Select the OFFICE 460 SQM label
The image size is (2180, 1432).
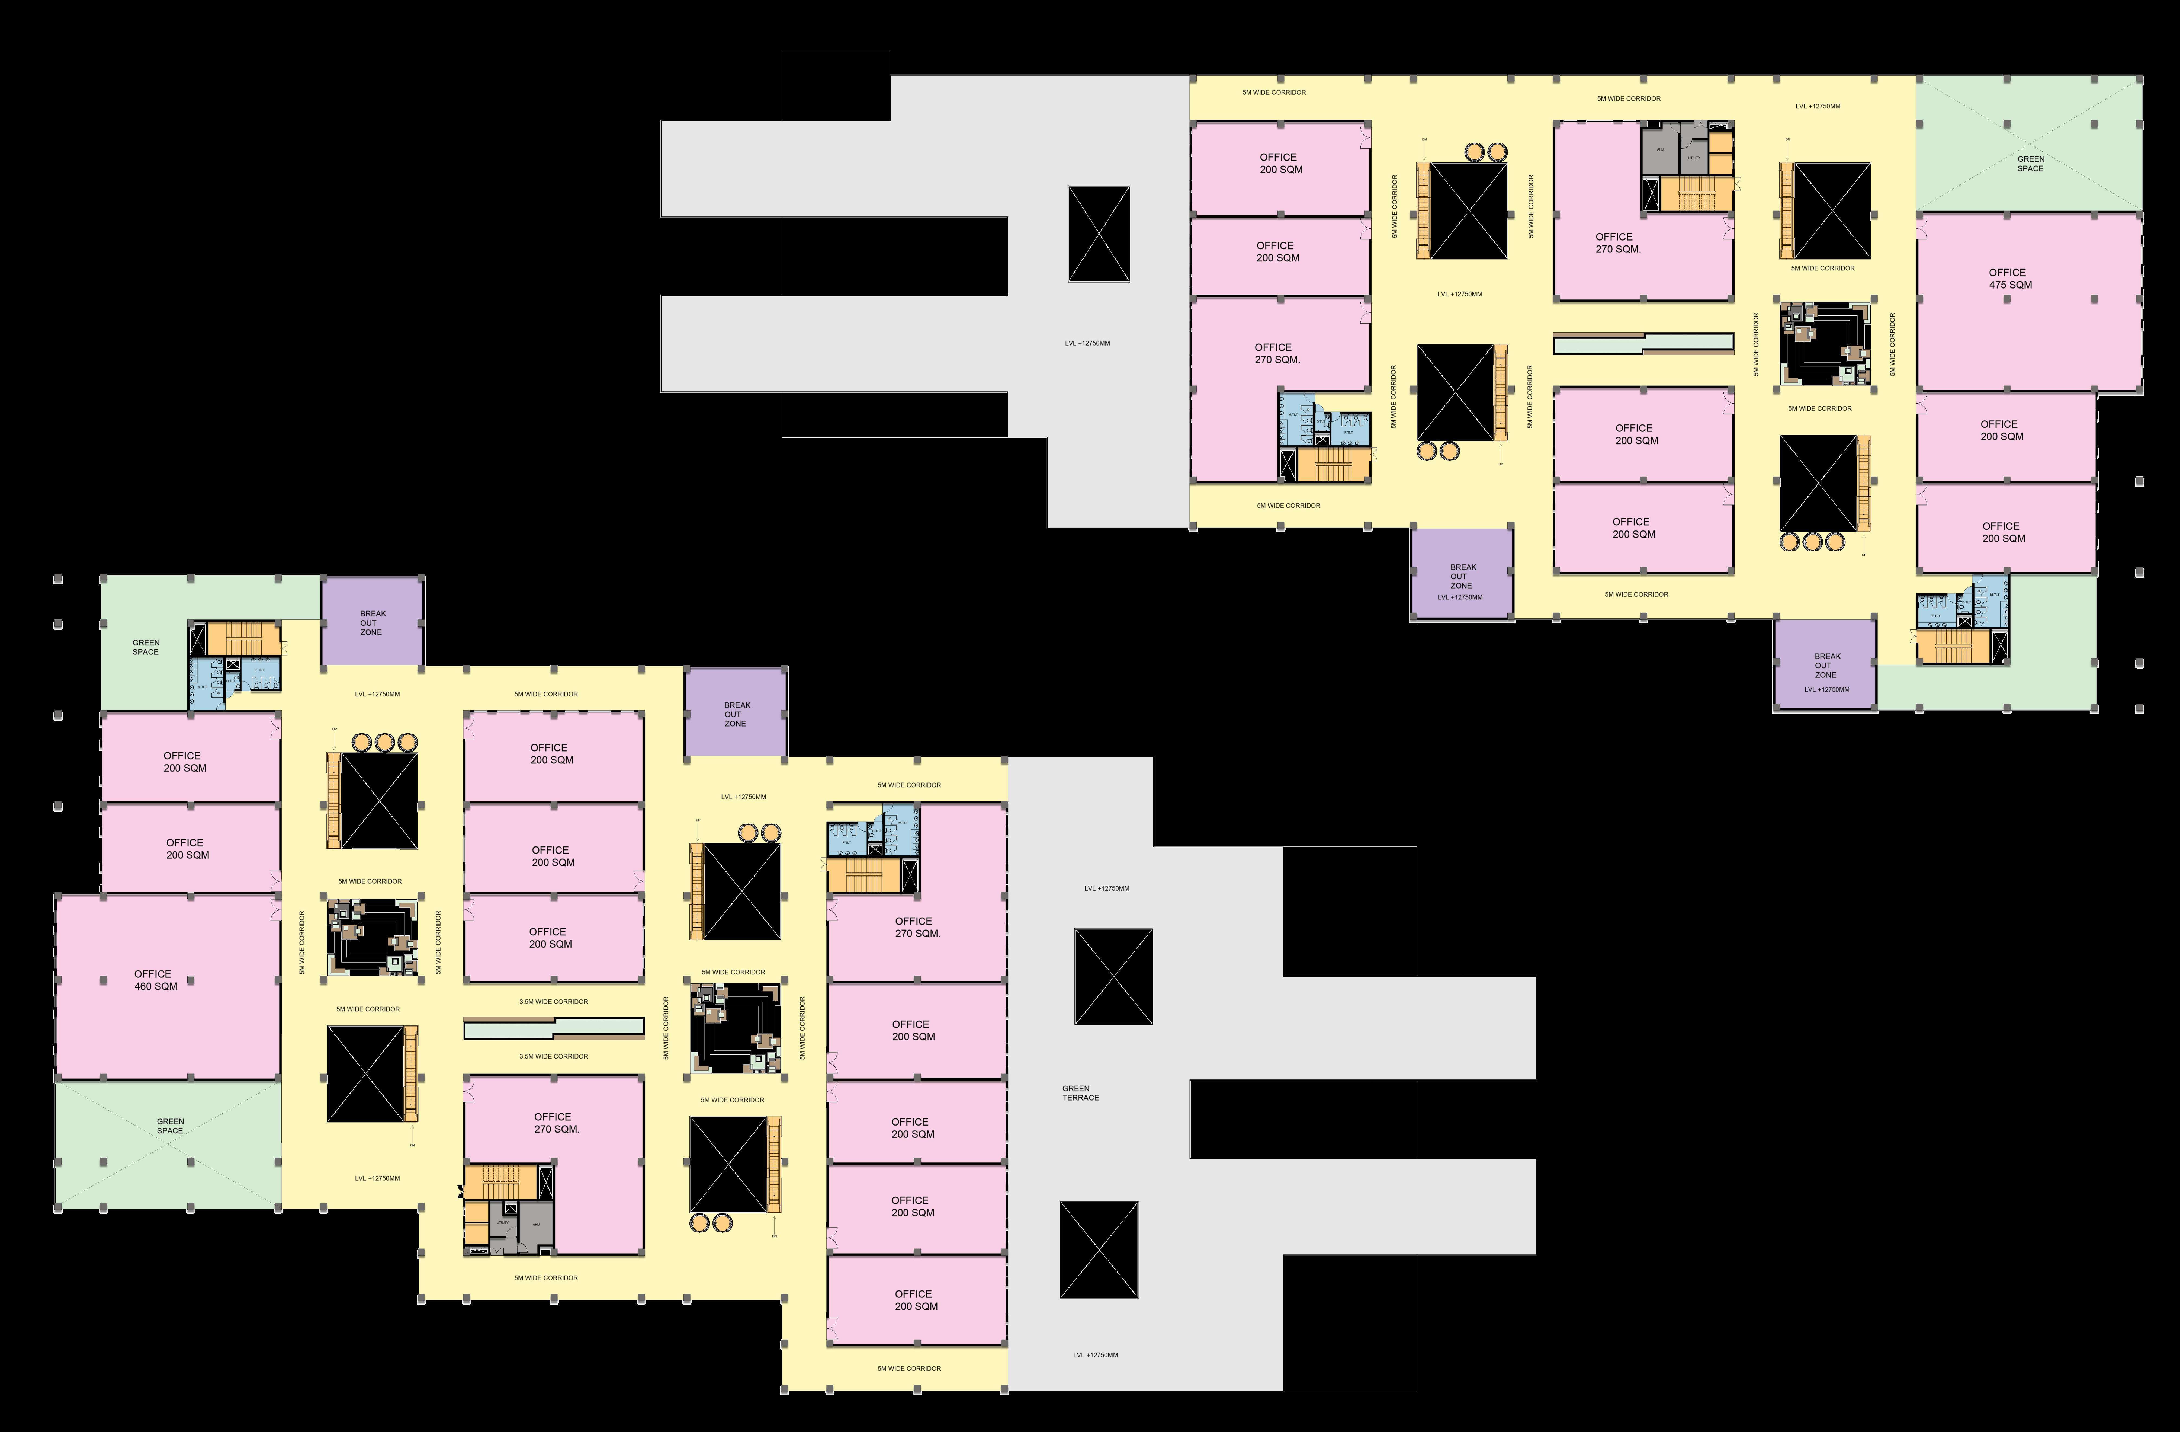point(155,980)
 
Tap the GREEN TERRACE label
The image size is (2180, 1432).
point(1080,1093)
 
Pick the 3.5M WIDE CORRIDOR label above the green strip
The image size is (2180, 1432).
point(553,1001)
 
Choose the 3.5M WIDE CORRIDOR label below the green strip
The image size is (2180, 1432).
point(553,1056)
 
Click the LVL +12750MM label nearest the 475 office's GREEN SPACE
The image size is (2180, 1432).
point(1817,106)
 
